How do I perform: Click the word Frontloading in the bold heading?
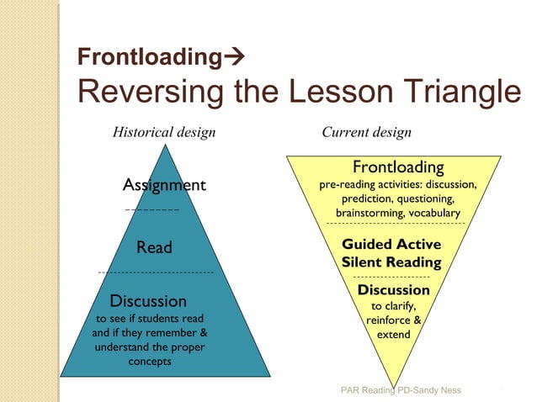point(142,57)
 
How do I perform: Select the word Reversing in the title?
point(138,91)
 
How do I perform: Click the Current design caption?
point(366,132)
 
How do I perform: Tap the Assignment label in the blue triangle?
point(164,185)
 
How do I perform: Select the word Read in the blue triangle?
point(154,247)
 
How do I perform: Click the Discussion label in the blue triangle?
point(148,300)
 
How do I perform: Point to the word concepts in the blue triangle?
point(150,362)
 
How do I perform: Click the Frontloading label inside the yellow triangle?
point(398,167)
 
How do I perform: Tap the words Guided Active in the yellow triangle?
point(391,245)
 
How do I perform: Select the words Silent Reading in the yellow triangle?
point(391,262)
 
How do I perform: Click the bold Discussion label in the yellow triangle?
point(394,290)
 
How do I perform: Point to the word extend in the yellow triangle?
point(394,334)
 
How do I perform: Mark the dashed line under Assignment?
point(152,208)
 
